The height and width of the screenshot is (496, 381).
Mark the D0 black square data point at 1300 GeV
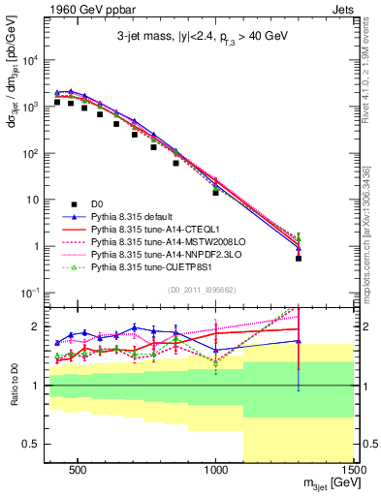point(299,259)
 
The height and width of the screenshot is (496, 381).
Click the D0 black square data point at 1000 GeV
point(216,193)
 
